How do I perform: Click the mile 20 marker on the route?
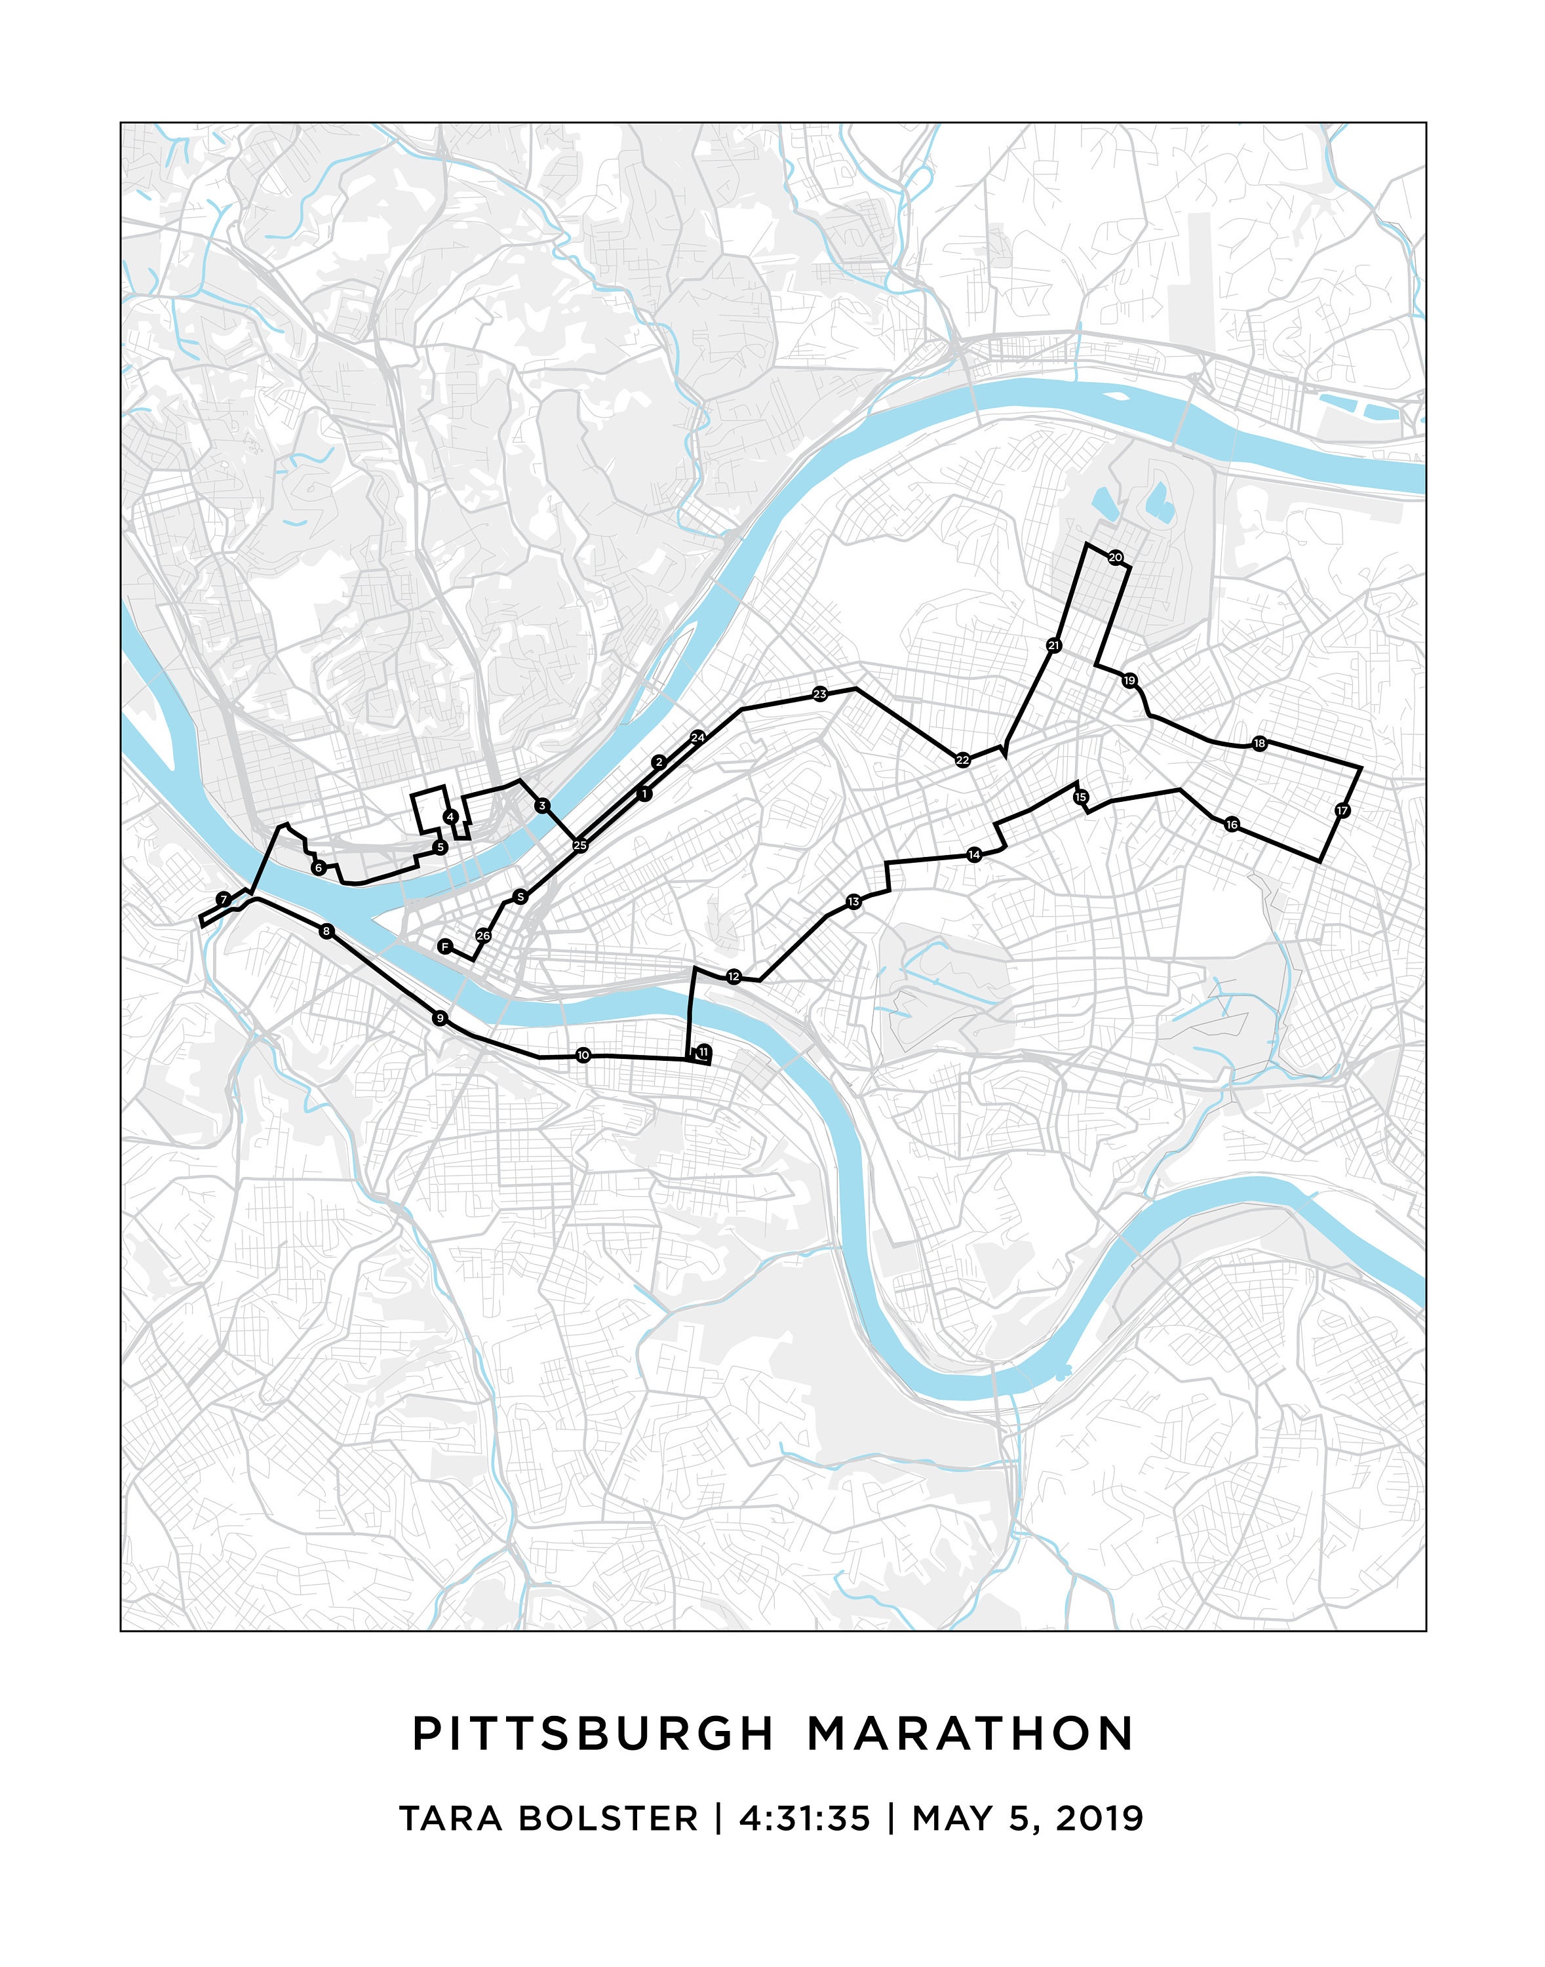1116,557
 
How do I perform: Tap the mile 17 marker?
1342,810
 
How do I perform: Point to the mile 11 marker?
703,1051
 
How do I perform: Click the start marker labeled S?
520,897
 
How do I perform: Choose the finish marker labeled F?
444,946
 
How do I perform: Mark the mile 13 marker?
854,902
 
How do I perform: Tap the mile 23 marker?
819,695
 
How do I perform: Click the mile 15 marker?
1081,797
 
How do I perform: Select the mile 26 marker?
483,936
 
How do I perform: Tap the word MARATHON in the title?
971,1734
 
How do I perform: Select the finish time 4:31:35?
804,1817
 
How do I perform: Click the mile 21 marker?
1053,645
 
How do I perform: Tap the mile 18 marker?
1259,744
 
